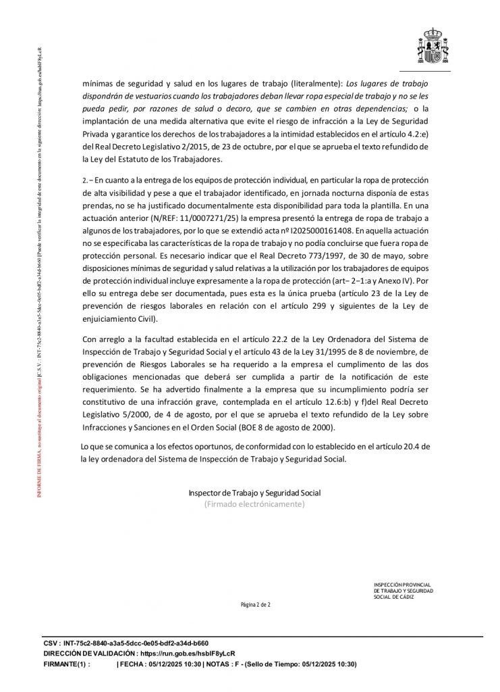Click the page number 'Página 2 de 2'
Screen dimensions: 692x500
click(255, 604)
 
